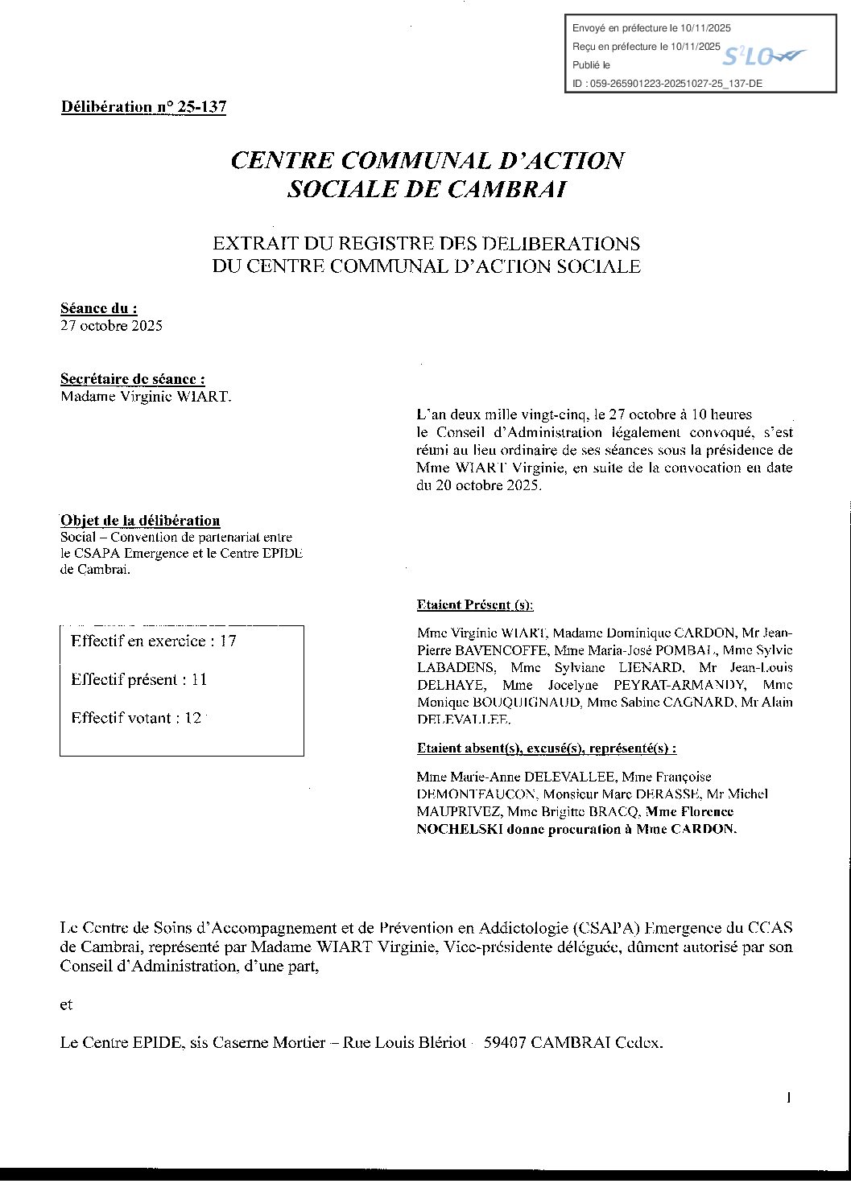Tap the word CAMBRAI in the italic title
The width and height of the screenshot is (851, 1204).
[x=506, y=190]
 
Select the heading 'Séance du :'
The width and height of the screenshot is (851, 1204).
[x=98, y=308]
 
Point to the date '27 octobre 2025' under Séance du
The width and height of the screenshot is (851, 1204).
[x=111, y=326]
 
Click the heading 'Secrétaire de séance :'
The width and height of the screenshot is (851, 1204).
[x=132, y=379]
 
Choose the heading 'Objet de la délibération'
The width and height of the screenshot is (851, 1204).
[x=140, y=521]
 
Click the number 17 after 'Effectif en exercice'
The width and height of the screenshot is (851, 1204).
[x=228, y=641]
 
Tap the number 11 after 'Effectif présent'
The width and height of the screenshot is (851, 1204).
[x=199, y=680]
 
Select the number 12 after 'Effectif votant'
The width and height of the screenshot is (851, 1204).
[x=192, y=719]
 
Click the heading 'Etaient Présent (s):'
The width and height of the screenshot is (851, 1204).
[x=475, y=605]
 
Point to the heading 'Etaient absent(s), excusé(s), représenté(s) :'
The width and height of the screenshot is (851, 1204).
[x=546, y=748]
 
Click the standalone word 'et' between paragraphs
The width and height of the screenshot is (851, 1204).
[x=66, y=1004]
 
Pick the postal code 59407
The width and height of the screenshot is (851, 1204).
[x=504, y=1043]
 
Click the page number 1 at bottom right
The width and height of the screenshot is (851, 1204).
[x=789, y=1098]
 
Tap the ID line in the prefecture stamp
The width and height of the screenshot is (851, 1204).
[x=667, y=83]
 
